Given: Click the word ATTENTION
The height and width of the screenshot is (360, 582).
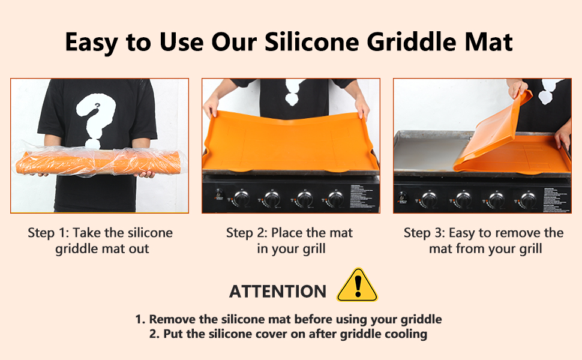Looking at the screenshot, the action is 278,292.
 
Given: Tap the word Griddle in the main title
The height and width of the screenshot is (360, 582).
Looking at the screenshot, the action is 411,43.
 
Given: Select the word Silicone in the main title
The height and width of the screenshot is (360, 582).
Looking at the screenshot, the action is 311,41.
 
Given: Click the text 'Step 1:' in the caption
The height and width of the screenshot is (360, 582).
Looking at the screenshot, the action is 48,233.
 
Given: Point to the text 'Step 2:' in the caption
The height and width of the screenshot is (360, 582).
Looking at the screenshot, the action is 247,233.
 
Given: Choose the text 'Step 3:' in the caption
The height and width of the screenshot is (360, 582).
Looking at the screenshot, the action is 424,233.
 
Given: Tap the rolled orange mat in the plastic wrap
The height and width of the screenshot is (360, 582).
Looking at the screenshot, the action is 98,163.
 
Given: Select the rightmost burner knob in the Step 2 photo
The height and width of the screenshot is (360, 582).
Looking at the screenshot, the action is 335,199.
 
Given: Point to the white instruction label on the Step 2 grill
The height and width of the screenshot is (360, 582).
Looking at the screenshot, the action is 364,196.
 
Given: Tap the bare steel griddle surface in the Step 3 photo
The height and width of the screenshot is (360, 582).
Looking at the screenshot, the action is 427,154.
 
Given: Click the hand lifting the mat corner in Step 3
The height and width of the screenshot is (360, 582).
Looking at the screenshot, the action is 517,88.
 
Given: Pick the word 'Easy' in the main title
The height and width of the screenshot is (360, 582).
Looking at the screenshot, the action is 91,43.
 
